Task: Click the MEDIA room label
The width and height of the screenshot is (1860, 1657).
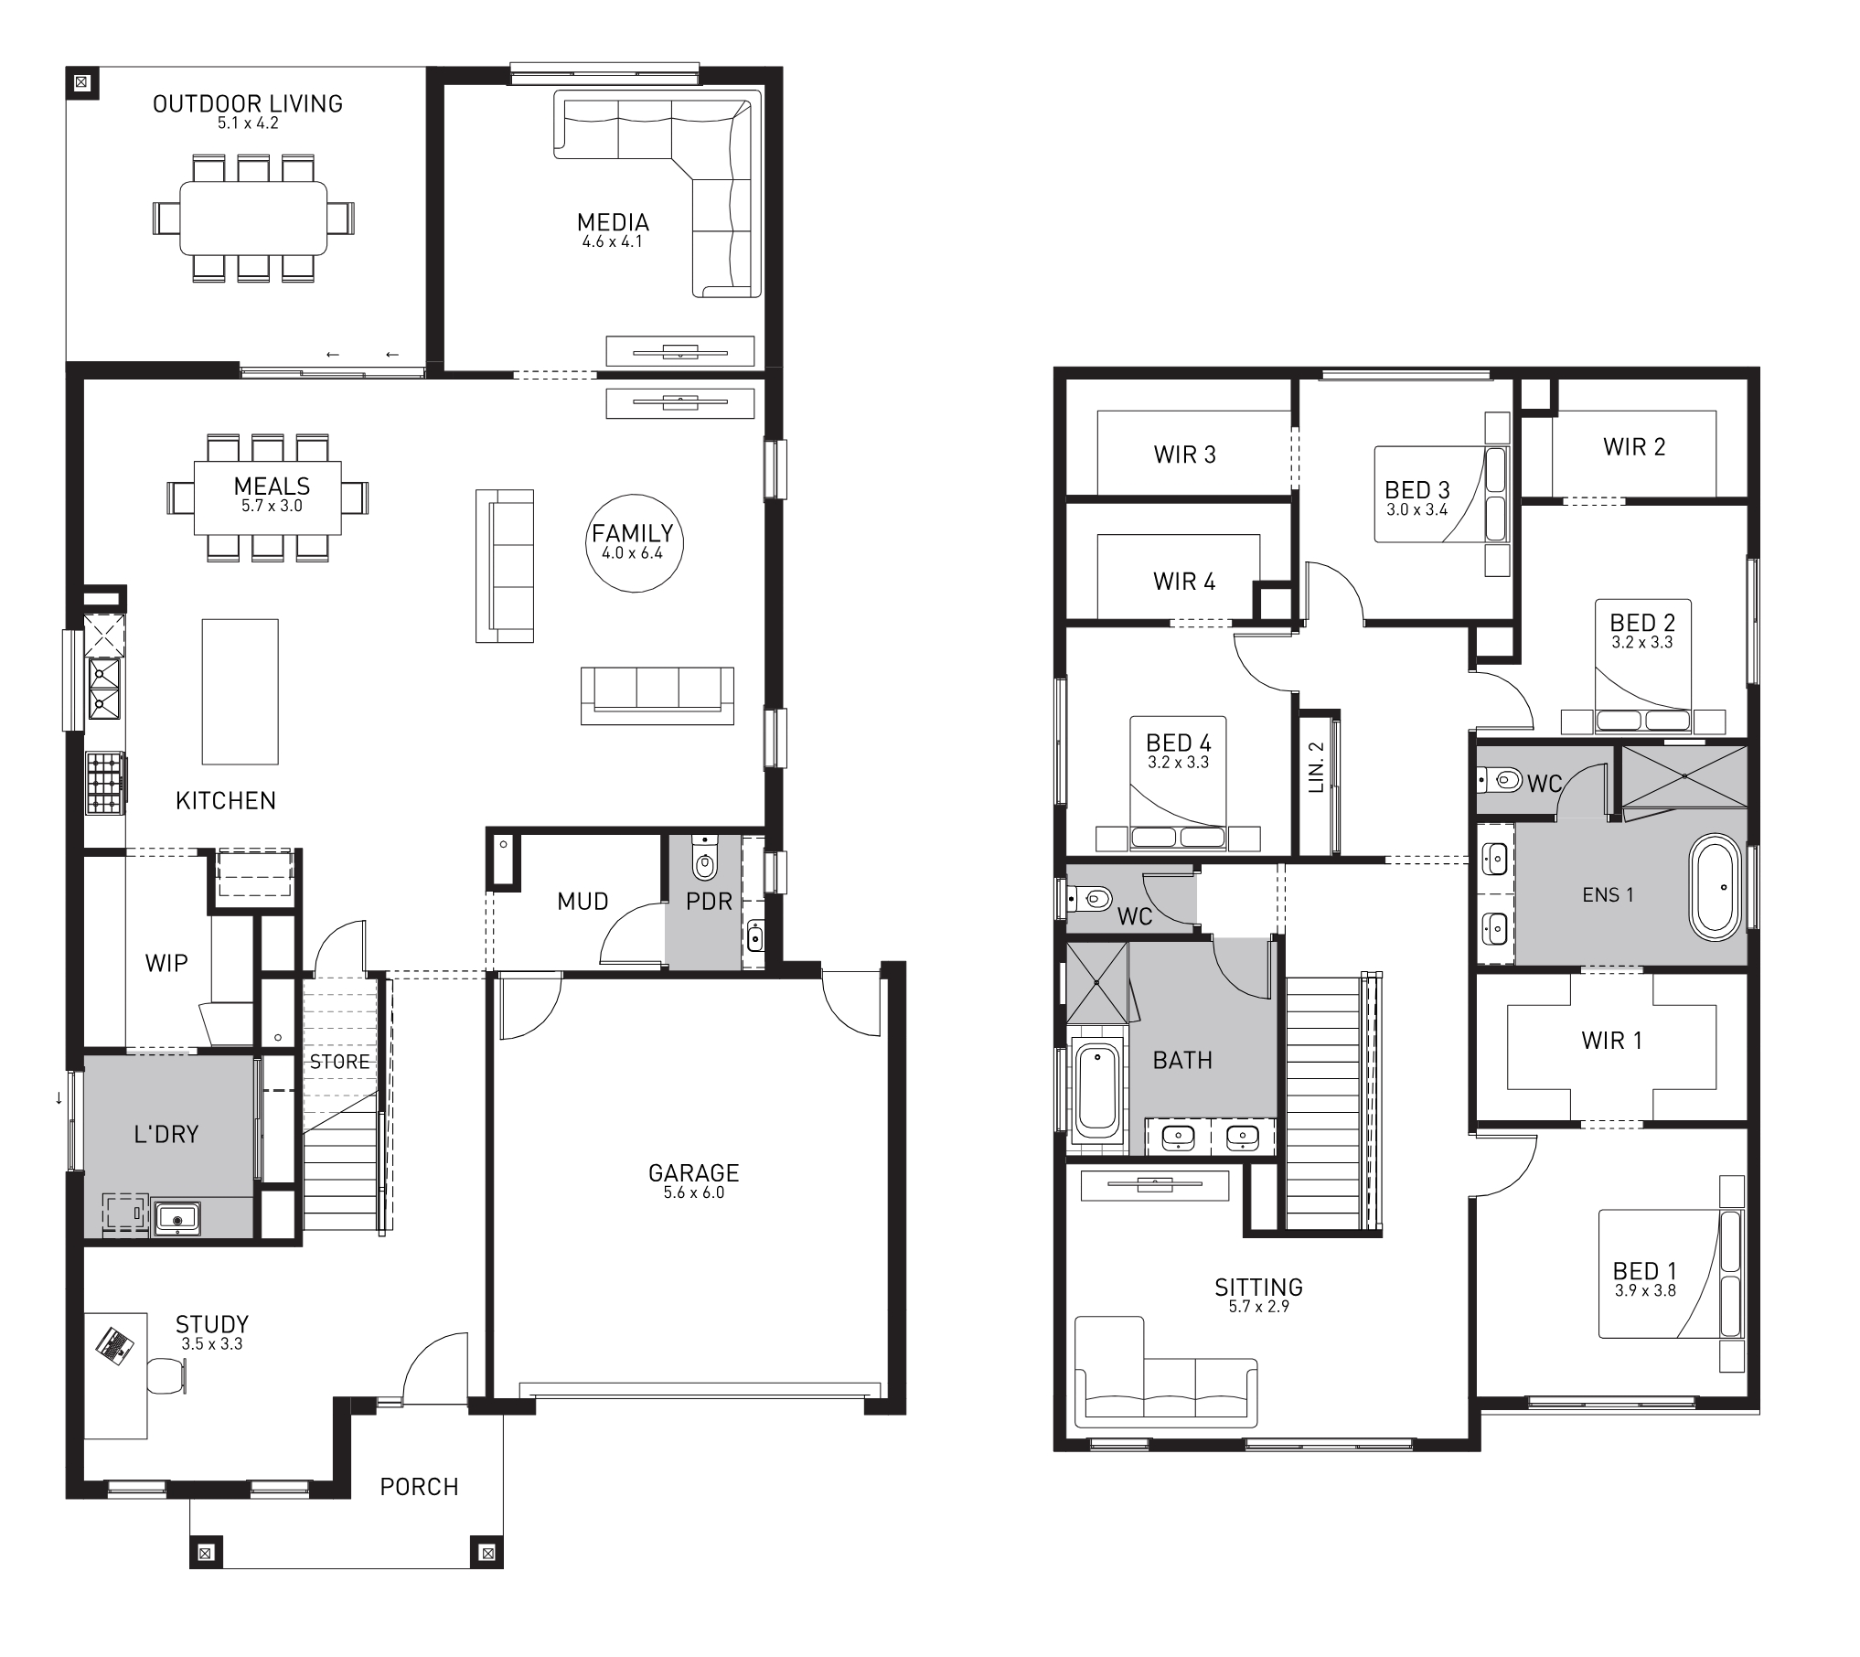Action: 613,222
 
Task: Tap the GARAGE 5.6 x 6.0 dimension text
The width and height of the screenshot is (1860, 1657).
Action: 693,1192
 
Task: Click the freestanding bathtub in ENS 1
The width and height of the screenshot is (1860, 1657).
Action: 1715,886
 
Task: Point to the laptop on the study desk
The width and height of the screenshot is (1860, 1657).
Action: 113,1344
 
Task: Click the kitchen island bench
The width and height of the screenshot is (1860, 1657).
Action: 240,691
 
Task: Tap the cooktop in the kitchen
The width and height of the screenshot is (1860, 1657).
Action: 104,782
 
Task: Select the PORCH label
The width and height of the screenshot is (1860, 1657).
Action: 419,1487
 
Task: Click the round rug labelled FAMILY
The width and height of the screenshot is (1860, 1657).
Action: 634,543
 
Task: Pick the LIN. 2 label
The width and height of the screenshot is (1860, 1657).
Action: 1316,766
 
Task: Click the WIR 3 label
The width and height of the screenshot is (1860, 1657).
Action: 1184,454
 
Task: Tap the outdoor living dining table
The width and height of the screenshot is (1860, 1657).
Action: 253,218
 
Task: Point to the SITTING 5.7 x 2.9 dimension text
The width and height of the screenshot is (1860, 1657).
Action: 1259,1307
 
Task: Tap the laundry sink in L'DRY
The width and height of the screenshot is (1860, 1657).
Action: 177,1217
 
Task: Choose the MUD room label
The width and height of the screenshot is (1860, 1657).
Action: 583,902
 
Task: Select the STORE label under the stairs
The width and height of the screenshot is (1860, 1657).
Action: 339,1062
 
